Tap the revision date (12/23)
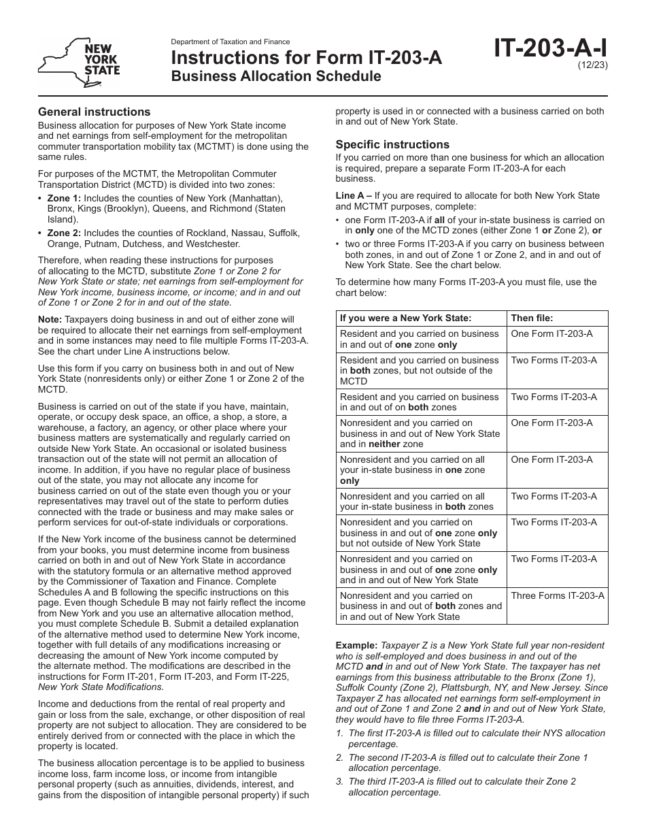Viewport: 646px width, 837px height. pyautogui.click(x=594, y=65)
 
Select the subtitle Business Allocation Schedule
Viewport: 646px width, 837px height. pyautogui.click(x=275, y=76)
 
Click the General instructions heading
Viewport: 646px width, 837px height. pyautogui.click(x=94, y=112)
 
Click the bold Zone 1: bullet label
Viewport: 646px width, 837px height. pyautogui.click(x=63, y=198)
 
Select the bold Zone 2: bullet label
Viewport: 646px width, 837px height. pyautogui.click(x=63, y=233)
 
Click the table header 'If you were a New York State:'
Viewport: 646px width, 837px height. pyautogui.click(x=405, y=318)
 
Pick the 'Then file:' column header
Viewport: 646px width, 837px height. pyautogui.click(x=532, y=318)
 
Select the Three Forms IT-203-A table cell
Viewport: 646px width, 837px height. pyautogui.click(x=558, y=595)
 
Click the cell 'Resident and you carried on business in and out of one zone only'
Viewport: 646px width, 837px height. pyautogui.click(x=422, y=339)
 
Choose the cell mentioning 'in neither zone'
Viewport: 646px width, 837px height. pyautogui.click(x=422, y=433)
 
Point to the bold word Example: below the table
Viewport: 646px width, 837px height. pyautogui.click(x=356, y=645)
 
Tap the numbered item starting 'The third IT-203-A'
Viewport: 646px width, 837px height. pyautogui.click(x=462, y=787)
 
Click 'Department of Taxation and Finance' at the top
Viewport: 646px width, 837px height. pyautogui.click(x=231, y=42)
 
